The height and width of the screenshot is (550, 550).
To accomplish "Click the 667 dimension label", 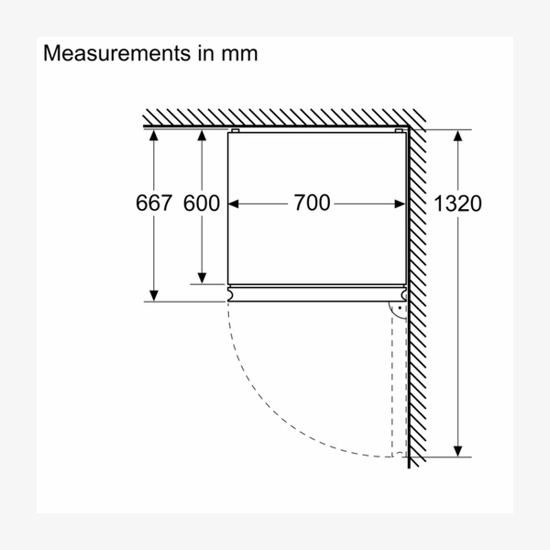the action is [x=154, y=203].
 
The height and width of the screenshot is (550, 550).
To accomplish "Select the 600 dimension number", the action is [x=202, y=203].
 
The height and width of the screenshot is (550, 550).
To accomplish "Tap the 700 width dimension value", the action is [x=312, y=203].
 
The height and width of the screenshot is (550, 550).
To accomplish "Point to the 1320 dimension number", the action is [x=457, y=203].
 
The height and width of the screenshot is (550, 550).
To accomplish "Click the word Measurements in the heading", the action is [x=116, y=53].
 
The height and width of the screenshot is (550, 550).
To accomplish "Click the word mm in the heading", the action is [x=239, y=55].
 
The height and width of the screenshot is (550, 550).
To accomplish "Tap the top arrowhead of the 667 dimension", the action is [x=154, y=136].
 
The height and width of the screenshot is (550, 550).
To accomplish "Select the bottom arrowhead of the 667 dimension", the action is [x=154, y=296].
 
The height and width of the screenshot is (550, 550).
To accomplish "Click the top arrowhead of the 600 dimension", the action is [x=202, y=136].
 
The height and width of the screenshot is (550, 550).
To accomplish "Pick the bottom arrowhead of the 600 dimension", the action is [x=202, y=278].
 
